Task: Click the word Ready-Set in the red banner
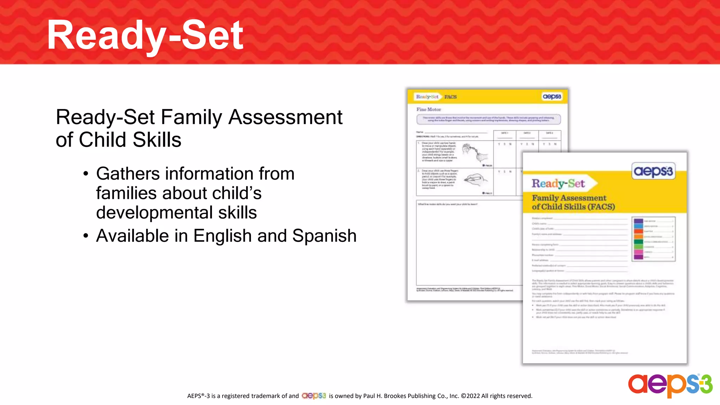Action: click(x=145, y=35)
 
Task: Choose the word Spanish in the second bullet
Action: click(x=324, y=236)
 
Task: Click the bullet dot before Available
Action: click(x=86, y=236)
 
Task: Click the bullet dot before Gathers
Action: click(x=86, y=174)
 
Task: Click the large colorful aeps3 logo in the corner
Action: click(x=670, y=385)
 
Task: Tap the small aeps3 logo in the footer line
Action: click(x=314, y=396)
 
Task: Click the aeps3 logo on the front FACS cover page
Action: click(x=653, y=171)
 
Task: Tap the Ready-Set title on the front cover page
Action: click(x=558, y=184)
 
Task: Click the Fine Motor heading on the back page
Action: click(x=429, y=109)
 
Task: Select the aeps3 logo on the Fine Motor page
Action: click(x=552, y=97)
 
